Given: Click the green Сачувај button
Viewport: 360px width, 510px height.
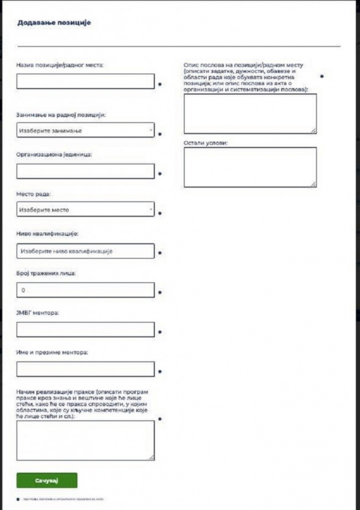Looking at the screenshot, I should (x=47, y=480).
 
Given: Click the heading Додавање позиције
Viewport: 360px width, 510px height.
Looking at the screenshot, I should (x=54, y=23).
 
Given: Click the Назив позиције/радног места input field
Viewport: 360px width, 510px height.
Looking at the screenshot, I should (x=85, y=81).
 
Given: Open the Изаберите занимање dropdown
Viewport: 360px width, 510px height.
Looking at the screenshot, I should (x=85, y=130).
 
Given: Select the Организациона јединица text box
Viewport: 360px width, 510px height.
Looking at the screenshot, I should (x=85, y=171).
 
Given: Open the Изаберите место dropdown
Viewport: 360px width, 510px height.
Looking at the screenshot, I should (x=85, y=209).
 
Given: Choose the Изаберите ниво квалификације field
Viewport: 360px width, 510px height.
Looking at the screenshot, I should (x=85, y=251).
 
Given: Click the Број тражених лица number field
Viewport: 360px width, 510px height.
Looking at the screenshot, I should (x=85, y=290).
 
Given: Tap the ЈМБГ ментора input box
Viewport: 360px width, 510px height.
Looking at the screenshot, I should (x=85, y=330).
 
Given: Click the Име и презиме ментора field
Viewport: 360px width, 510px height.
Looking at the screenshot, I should (x=85, y=369).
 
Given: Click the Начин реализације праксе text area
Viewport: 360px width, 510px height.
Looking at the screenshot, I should (x=85, y=440).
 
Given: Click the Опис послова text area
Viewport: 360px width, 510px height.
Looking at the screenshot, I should (x=250, y=114).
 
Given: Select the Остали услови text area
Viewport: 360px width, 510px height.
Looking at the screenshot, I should (x=250, y=167).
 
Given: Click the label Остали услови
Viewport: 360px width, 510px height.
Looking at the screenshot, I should (x=205, y=142).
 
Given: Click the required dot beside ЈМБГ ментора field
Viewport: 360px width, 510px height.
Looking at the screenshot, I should (x=160, y=332).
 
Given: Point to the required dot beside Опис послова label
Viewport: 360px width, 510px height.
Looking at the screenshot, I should (x=322, y=76).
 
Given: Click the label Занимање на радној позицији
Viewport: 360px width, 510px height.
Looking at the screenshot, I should (x=61, y=115).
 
